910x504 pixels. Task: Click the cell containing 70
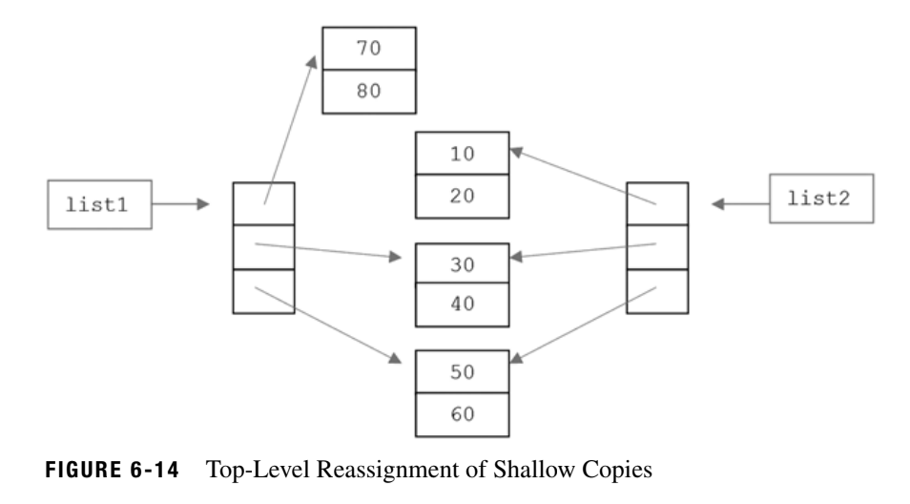370,48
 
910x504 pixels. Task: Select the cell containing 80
370,93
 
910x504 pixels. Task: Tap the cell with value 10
463,154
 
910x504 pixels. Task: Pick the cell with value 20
463,198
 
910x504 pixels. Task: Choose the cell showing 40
463,308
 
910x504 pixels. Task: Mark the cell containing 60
463,415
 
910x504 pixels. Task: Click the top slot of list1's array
263,204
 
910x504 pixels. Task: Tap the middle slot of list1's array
263,247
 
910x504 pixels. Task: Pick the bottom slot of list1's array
263,291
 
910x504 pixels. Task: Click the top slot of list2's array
656,203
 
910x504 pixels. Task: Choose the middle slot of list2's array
656,246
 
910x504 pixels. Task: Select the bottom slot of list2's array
656,290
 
